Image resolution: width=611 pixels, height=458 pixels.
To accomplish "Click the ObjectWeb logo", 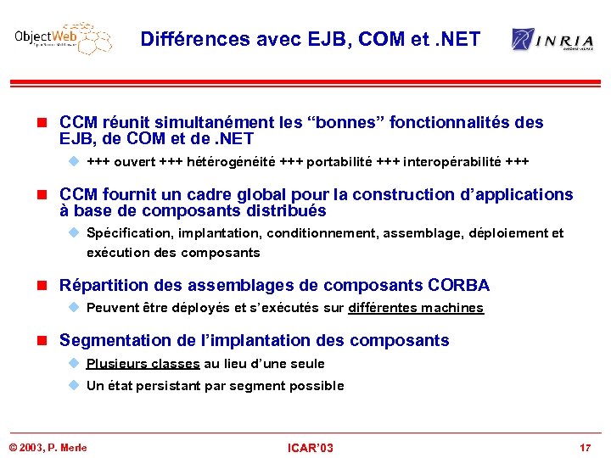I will point(62,39).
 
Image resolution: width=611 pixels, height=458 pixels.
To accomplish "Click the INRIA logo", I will point(552,40).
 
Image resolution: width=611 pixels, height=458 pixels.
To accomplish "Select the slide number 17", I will point(585,447).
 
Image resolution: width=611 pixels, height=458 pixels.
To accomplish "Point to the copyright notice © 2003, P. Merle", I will point(48,447).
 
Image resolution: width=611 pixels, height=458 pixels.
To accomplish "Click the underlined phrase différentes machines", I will point(416,308).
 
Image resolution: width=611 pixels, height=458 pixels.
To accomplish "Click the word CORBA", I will point(459,286).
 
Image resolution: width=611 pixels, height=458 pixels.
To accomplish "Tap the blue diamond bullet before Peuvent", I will point(74,308).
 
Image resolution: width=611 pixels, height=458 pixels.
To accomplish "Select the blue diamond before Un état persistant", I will point(74,386).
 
